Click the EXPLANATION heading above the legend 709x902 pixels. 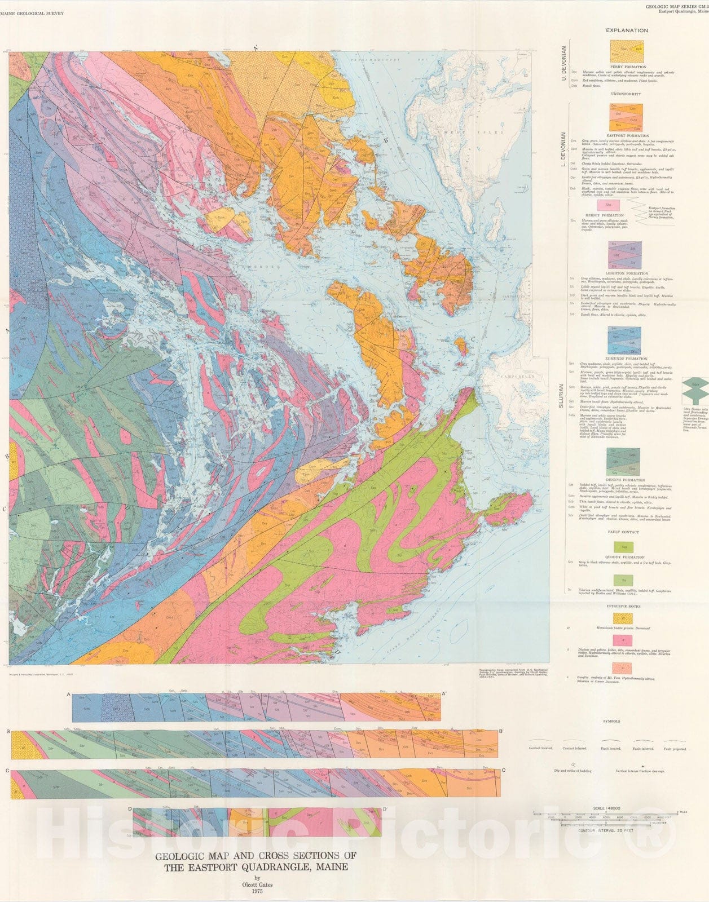(627, 30)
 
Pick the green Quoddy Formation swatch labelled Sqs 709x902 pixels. (623, 547)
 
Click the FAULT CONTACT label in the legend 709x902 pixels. (623, 532)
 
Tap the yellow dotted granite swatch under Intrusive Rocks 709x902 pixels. (623, 618)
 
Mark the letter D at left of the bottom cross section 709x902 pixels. (130, 810)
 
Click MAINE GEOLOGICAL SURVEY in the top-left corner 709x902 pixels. (36, 12)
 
